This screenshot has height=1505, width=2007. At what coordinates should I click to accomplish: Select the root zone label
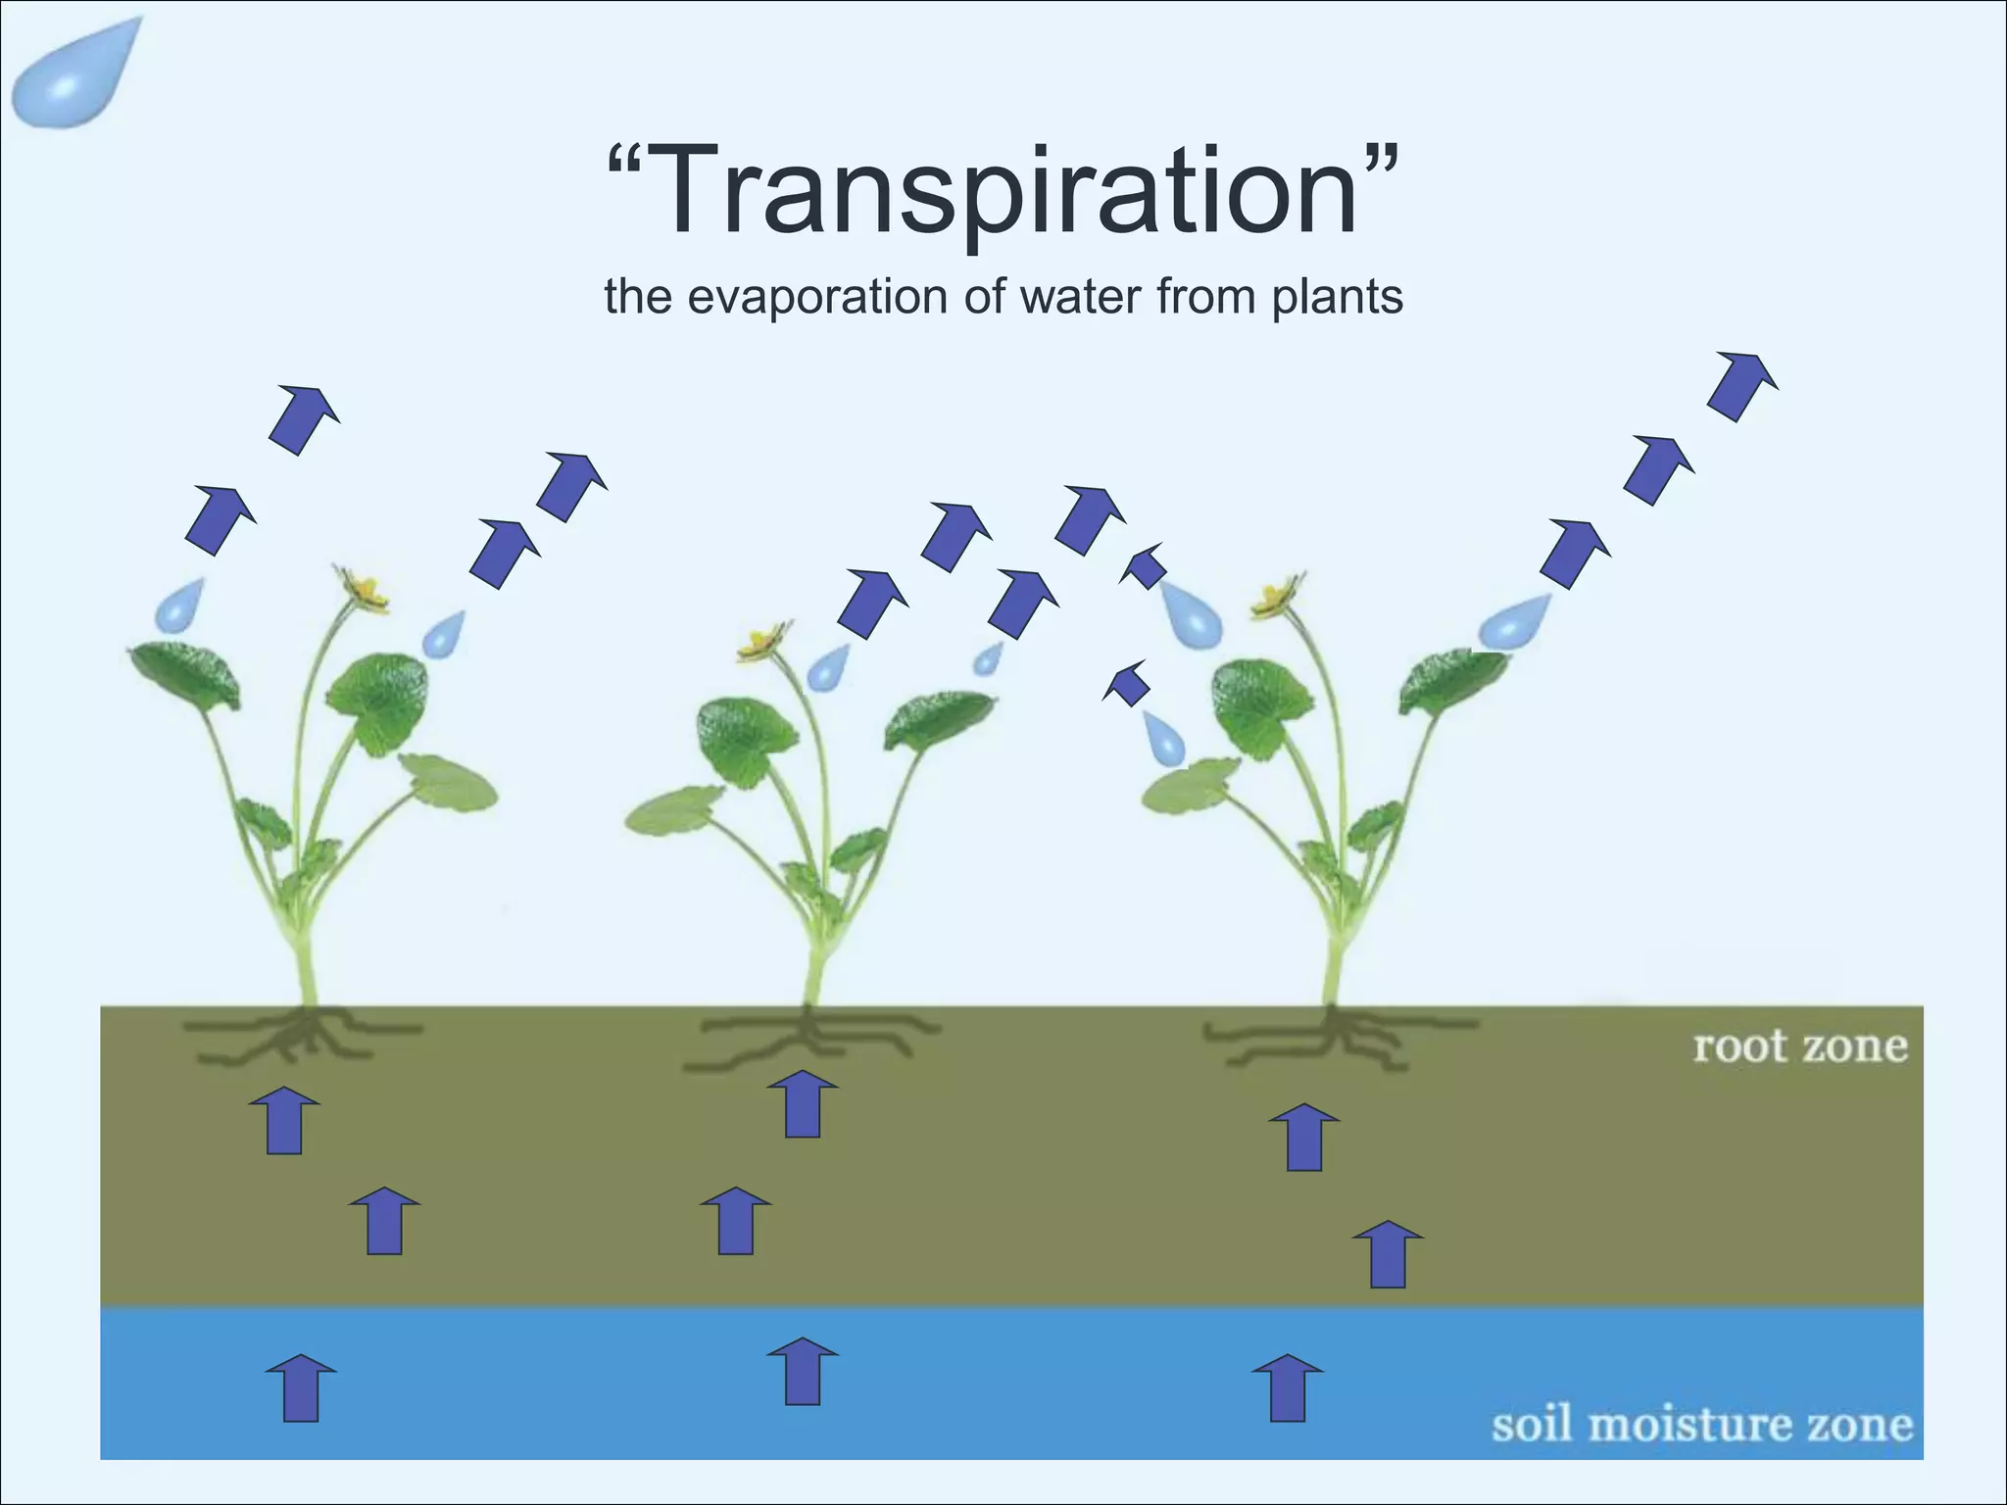1800,1046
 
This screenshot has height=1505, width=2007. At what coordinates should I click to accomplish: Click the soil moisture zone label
1702,1425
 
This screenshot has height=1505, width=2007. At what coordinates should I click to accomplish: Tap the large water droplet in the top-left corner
73,78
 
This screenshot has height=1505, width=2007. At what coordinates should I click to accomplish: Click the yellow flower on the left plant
365,588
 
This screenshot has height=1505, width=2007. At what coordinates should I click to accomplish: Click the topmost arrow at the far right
1741,385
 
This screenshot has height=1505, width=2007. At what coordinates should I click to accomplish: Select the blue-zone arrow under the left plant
301,1387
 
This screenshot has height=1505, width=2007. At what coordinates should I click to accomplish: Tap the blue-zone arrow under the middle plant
803,1371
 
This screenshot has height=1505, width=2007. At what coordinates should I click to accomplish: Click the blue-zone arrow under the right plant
1288,1387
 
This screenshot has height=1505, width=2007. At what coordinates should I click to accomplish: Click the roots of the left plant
299,1037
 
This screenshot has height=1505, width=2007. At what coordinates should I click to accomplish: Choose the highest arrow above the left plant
304,419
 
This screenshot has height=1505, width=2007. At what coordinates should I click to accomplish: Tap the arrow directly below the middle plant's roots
803,1104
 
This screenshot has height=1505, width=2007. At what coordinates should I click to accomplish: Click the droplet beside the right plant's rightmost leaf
1514,622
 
